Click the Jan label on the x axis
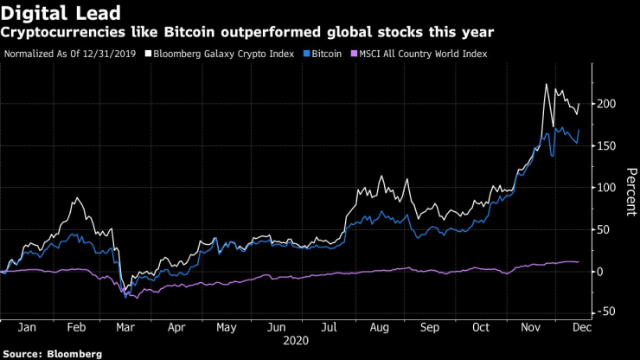coord(26,328)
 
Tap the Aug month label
coord(379,328)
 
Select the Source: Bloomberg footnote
coord(52,354)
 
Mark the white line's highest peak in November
coord(546,84)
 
